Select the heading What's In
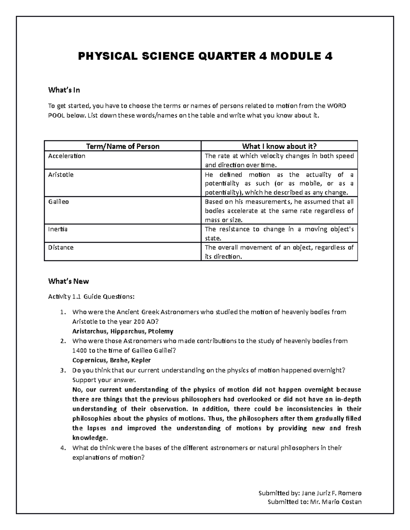64,90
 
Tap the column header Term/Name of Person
123,146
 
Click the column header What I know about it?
279,146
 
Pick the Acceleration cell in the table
67,156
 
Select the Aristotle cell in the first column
61,175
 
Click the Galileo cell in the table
58,202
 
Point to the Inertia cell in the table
58,229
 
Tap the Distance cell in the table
61,247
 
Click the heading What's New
68,281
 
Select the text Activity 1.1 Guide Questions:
91,297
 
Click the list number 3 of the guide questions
62,370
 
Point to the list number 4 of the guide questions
62,448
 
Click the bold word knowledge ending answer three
90,438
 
